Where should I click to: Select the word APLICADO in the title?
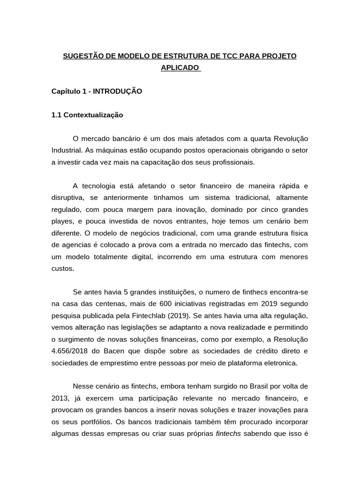pos(180,68)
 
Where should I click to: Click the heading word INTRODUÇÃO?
pos(117,91)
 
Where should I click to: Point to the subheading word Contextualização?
pos(93,114)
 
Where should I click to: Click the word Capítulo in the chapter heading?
pos(66,91)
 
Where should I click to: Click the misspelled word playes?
pos(62,221)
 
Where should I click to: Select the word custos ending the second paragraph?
pos(63,269)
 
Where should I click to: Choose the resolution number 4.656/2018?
pos(71,351)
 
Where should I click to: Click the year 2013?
pos(60,398)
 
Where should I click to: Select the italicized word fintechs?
pos(228,434)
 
